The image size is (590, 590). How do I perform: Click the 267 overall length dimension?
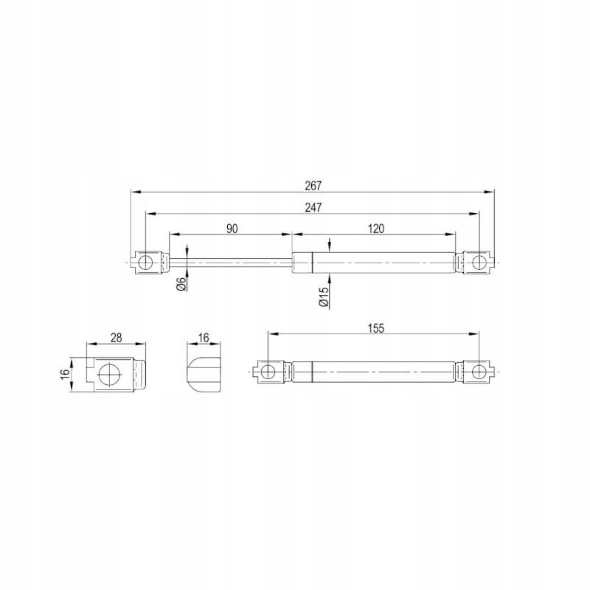tap(313, 186)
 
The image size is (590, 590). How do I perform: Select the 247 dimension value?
tap(313, 207)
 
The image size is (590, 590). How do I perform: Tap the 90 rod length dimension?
tap(232, 229)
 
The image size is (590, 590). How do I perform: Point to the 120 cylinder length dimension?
tap(376, 229)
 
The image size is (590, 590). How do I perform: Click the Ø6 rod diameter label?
tap(181, 284)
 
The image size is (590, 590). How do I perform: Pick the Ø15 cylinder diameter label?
tap(324, 297)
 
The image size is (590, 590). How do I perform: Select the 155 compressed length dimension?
tap(376, 328)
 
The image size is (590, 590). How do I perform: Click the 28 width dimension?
tap(117, 338)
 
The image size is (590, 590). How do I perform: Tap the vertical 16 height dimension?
tap(65, 374)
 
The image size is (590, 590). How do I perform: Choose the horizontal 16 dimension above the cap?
tap(204, 338)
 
